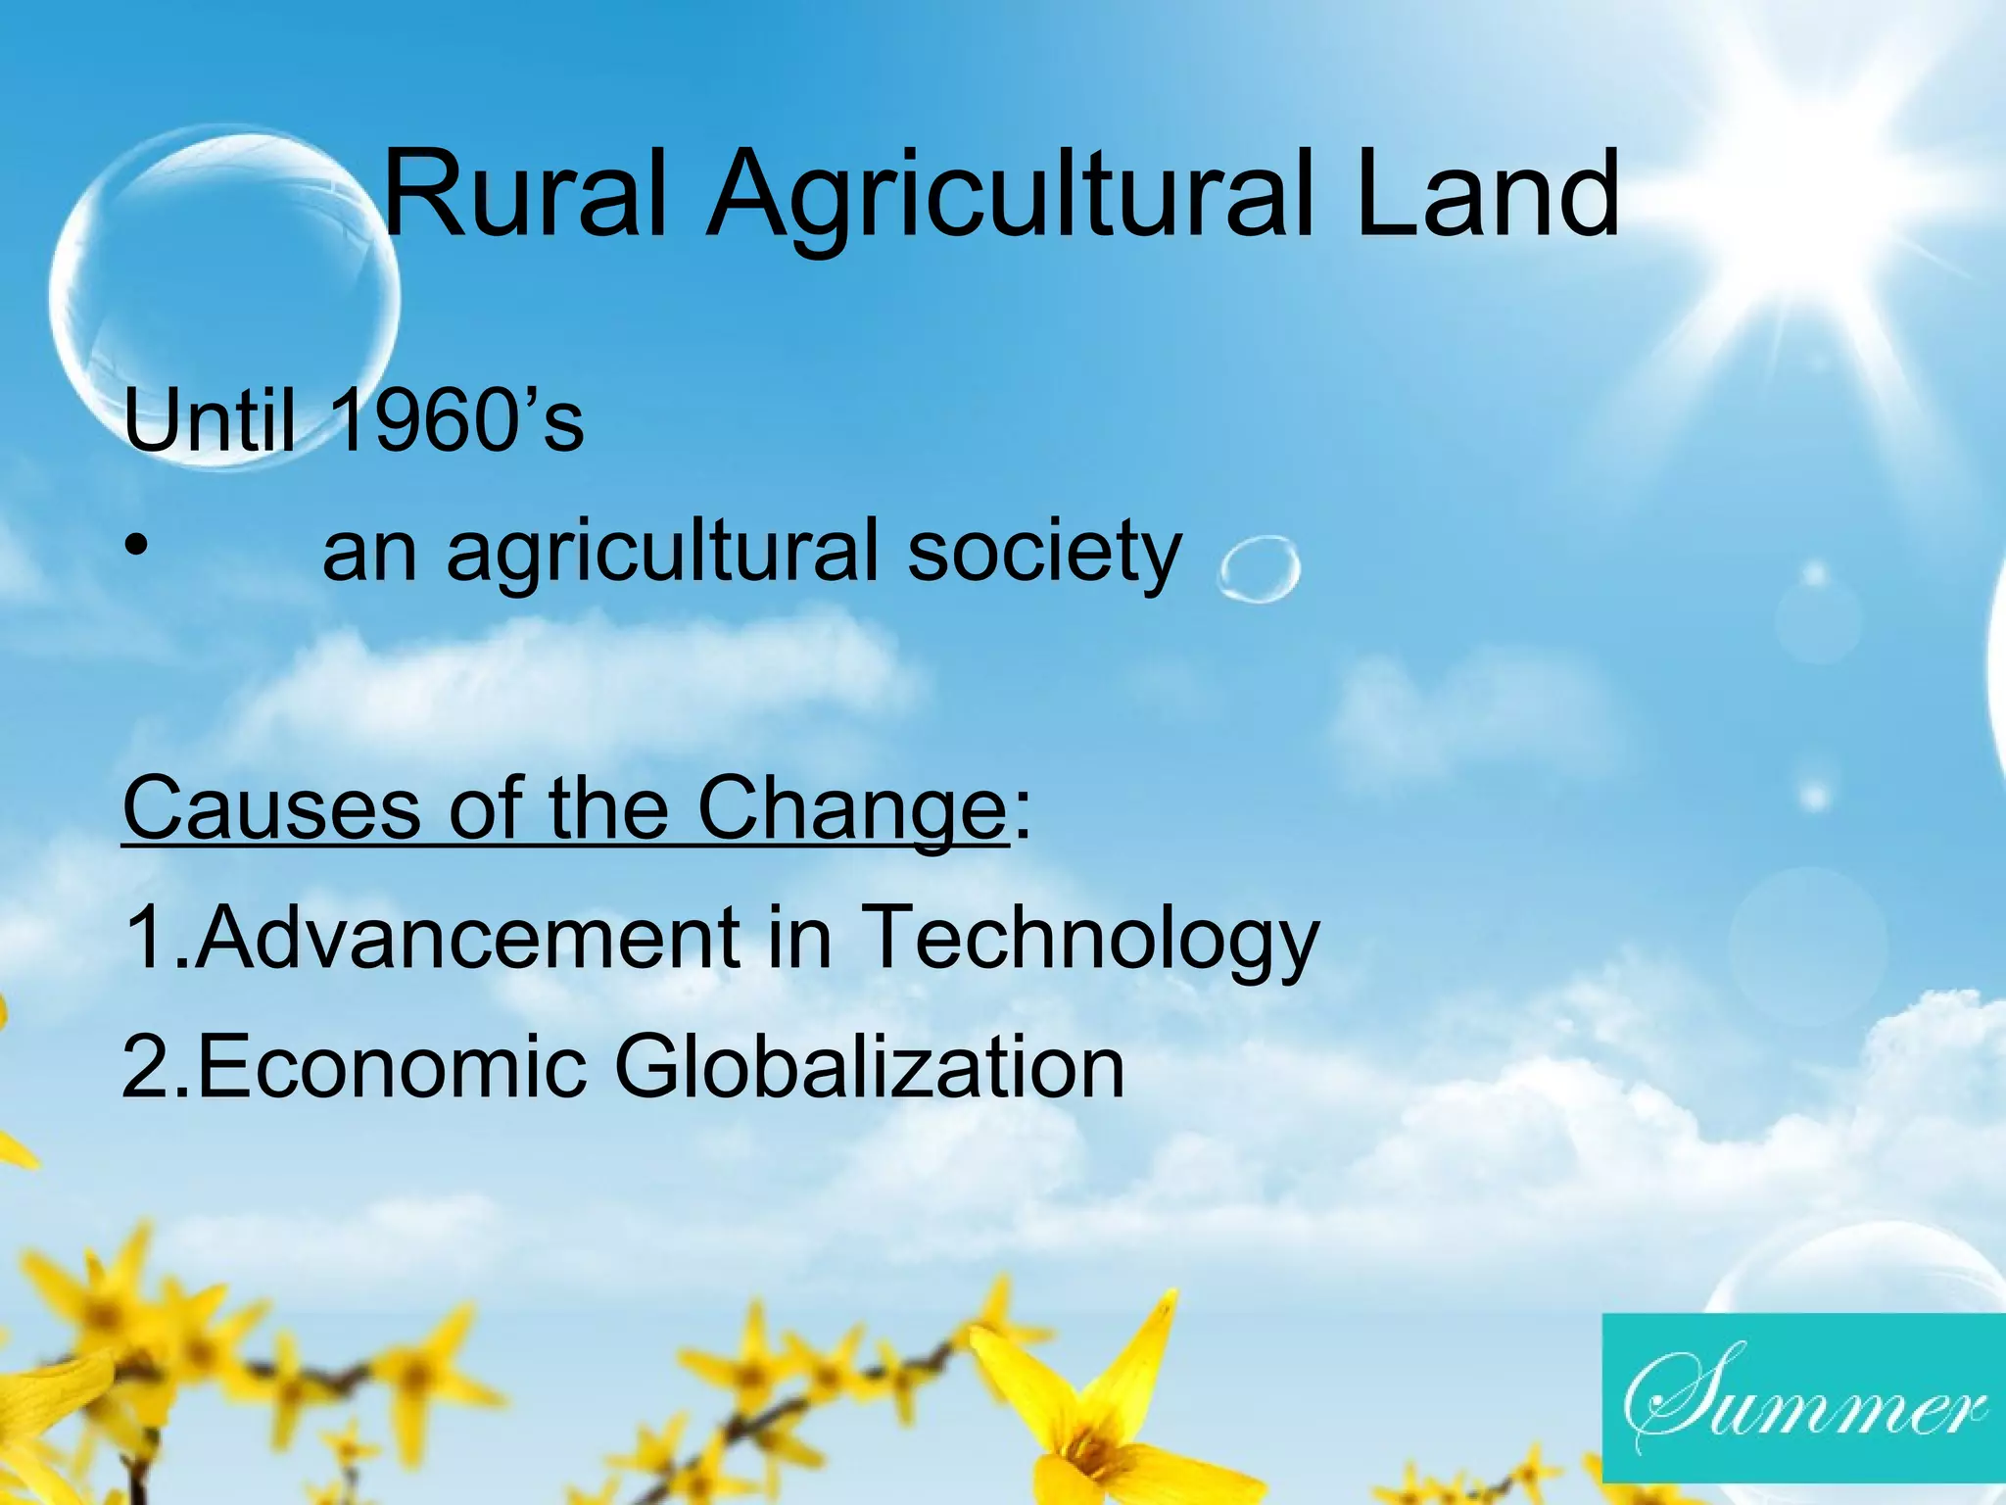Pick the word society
coord(1044,554)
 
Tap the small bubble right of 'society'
coord(1259,568)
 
